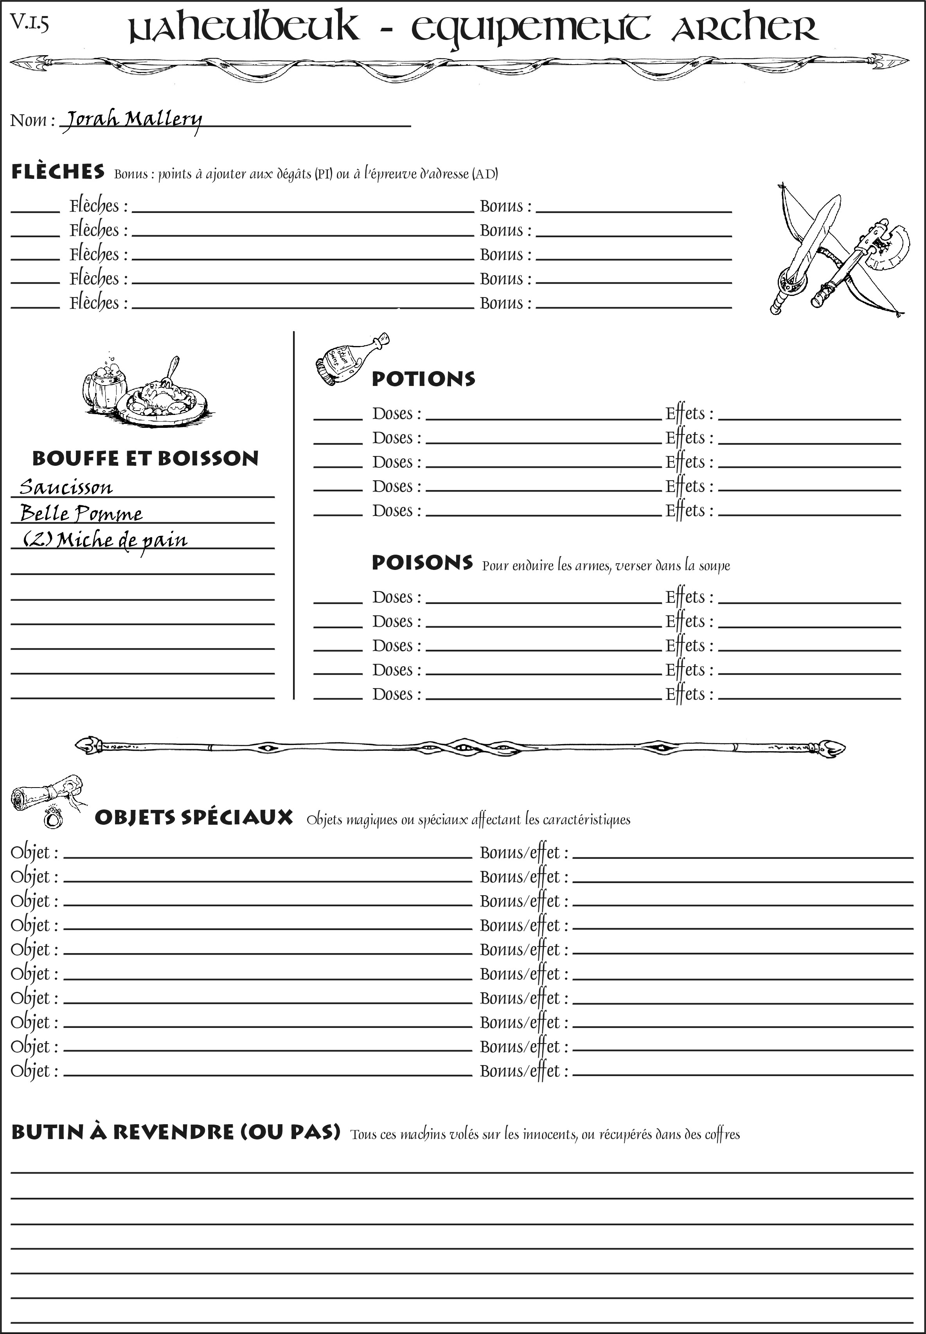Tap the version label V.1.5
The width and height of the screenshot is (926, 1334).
click(29, 23)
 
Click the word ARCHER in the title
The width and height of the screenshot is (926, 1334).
click(744, 28)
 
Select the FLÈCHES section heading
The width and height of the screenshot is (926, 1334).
click(58, 172)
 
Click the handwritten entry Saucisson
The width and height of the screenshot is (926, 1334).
click(66, 487)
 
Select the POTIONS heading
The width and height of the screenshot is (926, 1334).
click(423, 379)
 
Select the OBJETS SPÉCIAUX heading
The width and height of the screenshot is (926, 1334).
click(193, 817)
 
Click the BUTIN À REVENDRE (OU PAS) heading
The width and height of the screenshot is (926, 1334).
click(175, 1132)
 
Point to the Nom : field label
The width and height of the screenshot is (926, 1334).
click(32, 120)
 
